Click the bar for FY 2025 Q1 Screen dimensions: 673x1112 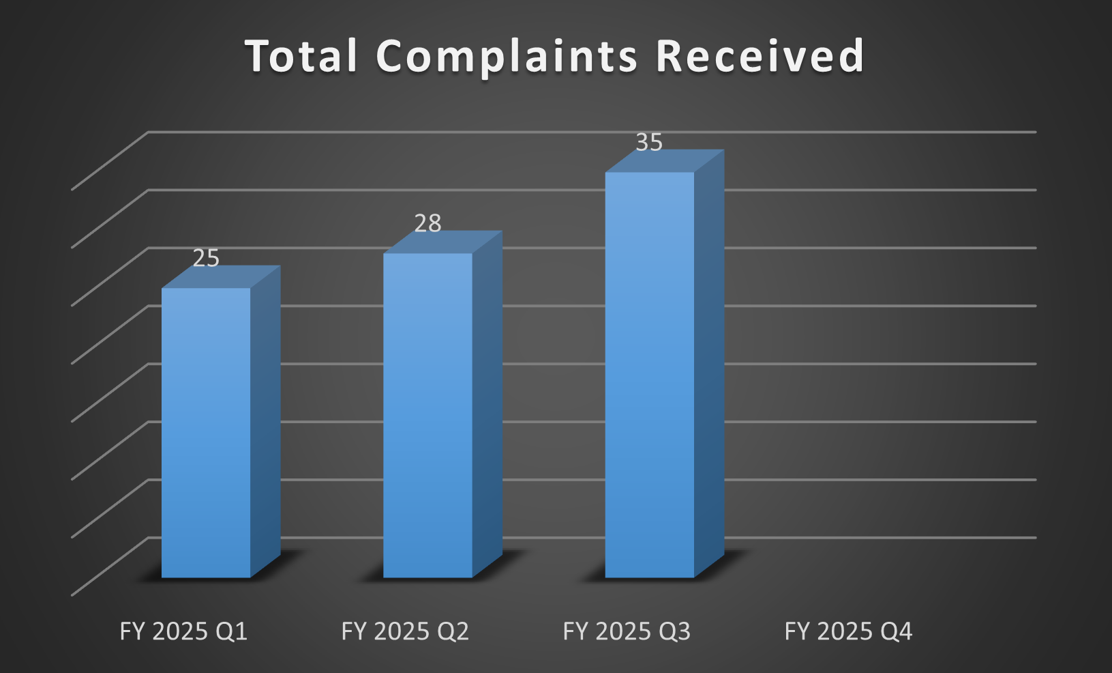(206, 433)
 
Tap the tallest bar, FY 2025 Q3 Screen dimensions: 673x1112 (649, 375)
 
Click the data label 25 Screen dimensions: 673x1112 (206, 259)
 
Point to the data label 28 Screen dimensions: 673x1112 (427, 224)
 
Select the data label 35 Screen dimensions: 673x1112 (649, 143)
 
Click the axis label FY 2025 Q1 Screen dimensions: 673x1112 (183, 631)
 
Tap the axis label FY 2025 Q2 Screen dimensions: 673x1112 (405, 631)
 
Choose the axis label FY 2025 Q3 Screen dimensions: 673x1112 (627, 631)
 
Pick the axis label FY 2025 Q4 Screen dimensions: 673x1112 (848, 631)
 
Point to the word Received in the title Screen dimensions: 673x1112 (760, 56)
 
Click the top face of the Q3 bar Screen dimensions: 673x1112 (665, 162)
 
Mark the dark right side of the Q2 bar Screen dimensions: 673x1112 (487, 403)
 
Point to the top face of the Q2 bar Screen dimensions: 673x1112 (443, 242)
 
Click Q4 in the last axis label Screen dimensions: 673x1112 (897, 631)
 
